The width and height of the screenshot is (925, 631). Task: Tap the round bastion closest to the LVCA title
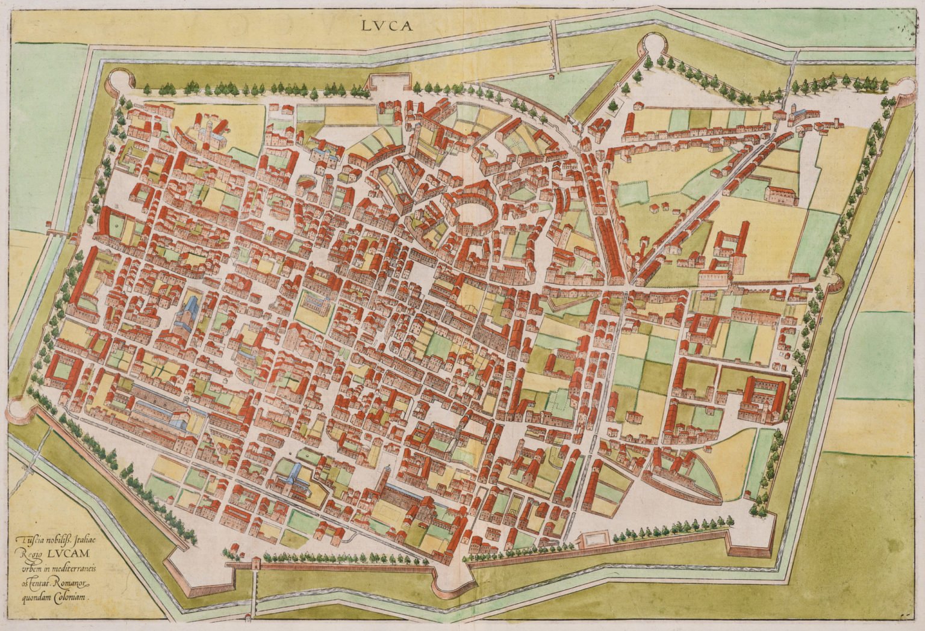pyautogui.click(x=652, y=45)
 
